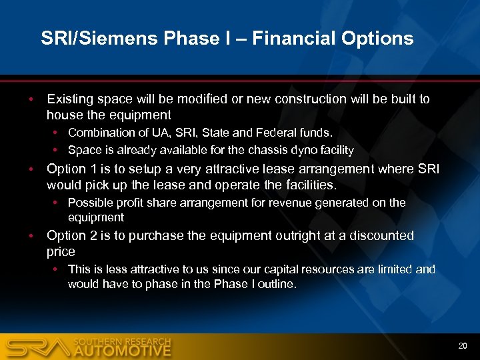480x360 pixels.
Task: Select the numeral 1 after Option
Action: pos(91,169)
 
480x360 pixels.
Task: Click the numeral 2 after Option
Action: pos(91,235)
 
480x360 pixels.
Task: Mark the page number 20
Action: pos(462,345)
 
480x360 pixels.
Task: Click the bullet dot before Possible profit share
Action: pos(59,203)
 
